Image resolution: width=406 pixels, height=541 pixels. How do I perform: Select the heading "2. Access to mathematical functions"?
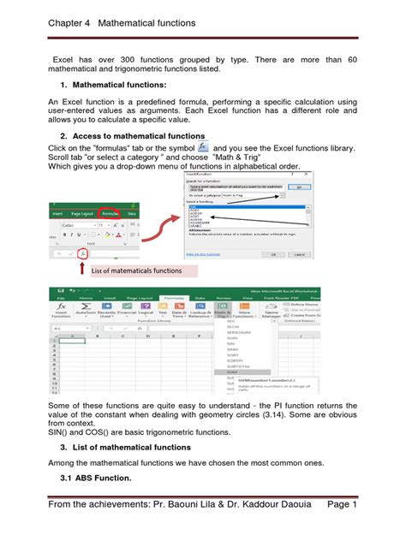[132, 137]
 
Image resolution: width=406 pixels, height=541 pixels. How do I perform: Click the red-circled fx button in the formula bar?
[81, 254]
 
